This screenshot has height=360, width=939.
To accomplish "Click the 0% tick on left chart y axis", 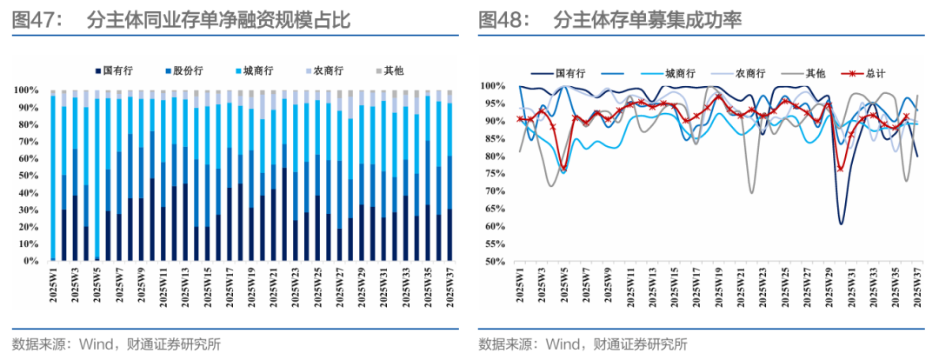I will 30,261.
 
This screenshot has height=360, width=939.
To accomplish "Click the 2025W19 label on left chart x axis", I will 252,287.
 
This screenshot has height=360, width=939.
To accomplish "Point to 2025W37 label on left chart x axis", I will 450,287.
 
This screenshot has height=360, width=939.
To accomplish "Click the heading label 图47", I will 37,20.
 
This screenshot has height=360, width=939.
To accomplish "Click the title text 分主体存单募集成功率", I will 647,20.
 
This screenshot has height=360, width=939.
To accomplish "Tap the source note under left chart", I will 117,343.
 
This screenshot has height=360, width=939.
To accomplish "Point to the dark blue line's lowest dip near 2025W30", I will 841,224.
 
